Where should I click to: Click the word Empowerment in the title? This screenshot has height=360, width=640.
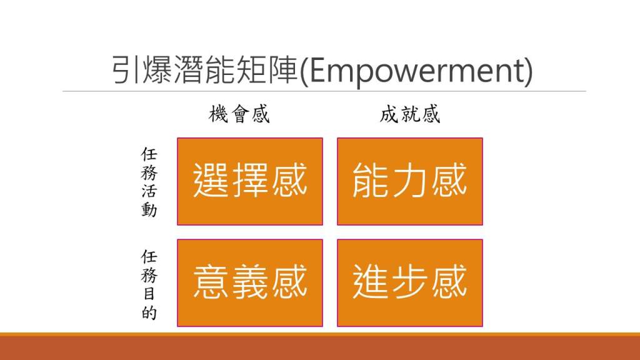[x=416, y=71]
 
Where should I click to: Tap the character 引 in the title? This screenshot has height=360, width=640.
[x=126, y=69]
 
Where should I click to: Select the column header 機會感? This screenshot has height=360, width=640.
[x=239, y=114]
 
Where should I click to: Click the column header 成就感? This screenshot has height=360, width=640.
[x=410, y=114]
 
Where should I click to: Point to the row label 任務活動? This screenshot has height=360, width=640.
[x=149, y=182]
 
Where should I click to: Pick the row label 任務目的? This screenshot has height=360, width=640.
[x=149, y=284]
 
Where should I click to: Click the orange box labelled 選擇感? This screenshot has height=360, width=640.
[x=250, y=181]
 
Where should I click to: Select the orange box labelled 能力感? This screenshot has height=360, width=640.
[x=410, y=181]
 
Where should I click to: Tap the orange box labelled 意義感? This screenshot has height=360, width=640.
[x=250, y=283]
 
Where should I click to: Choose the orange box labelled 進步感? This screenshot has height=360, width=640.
[x=410, y=283]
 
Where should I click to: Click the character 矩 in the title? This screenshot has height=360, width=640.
[x=251, y=69]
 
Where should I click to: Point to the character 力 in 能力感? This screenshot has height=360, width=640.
[x=409, y=181]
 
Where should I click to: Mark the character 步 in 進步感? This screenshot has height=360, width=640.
[x=409, y=282]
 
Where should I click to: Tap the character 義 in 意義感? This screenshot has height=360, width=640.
[x=250, y=282]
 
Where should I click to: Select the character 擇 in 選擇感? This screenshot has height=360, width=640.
[x=250, y=181]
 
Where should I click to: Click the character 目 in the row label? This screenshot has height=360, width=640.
[x=149, y=294]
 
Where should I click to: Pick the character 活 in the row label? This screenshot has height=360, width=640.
[x=149, y=191]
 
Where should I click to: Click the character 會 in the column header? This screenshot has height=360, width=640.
[x=239, y=114]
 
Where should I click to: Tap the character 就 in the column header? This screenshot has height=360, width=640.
[x=410, y=114]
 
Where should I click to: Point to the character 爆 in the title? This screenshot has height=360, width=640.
[x=157, y=69]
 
